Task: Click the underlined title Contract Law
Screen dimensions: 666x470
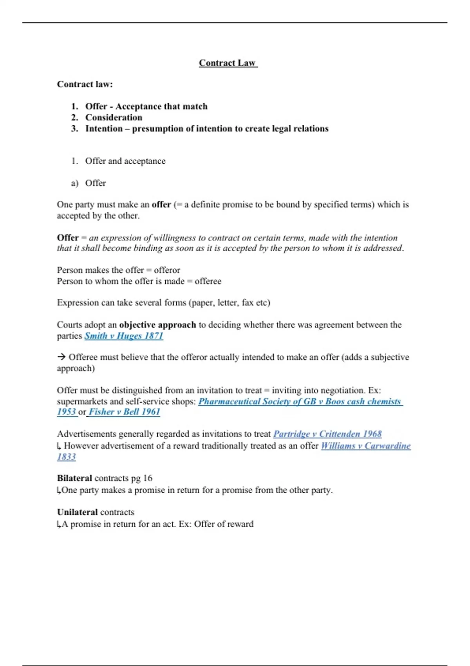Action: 228,63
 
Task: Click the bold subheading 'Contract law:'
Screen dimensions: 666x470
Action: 85,84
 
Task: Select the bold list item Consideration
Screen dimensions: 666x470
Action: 114,118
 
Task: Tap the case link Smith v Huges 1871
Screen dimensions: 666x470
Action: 124,336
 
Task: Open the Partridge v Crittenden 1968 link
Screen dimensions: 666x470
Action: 327,434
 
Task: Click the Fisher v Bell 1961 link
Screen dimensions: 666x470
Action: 124,412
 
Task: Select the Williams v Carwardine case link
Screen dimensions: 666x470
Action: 366,445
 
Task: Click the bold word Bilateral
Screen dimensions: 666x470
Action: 74,478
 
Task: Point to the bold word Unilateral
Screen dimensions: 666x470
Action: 77,512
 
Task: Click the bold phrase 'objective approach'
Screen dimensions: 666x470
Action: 157,325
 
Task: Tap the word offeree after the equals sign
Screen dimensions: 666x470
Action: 208,281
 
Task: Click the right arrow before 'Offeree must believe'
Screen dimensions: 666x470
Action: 61,357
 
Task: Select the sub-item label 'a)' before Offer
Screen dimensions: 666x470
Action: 74,183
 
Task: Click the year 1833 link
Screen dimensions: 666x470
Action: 66,457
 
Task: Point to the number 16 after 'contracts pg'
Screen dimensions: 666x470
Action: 148,478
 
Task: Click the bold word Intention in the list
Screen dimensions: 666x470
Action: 104,128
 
